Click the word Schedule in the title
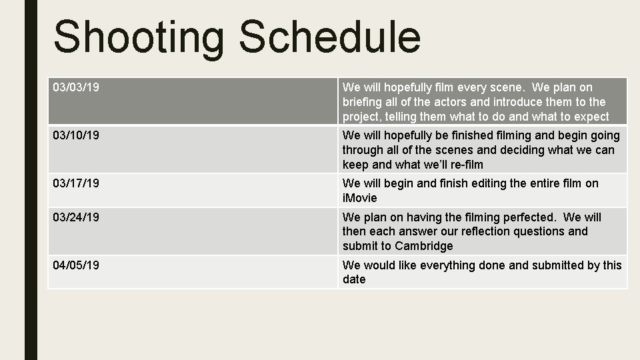(x=330, y=37)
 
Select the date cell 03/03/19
(x=77, y=87)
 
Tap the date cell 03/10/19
(x=77, y=135)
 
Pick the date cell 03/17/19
(x=77, y=183)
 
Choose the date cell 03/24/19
(x=77, y=217)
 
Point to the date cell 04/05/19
(x=77, y=265)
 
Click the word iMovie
(x=359, y=198)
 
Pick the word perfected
(x=522, y=217)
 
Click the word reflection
(x=479, y=232)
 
